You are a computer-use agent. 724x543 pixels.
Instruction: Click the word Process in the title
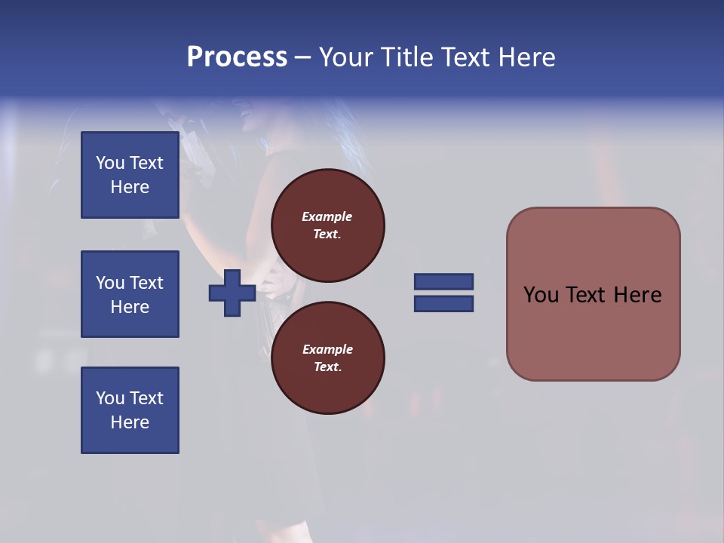click(x=237, y=57)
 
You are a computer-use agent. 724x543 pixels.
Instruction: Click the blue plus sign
click(x=232, y=293)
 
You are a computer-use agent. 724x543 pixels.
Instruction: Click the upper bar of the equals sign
click(x=443, y=281)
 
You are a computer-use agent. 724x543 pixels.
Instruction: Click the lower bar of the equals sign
click(x=443, y=303)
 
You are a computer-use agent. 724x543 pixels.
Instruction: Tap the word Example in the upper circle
click(x=327, y=216)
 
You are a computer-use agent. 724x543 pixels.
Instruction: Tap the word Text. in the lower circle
click(x=327, y=367)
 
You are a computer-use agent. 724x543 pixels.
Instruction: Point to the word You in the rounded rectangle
click(x=541, y=295)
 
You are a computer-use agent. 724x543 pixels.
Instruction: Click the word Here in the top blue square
click(x=130, y=187)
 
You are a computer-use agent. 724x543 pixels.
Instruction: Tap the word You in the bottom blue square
click(x=111, y=398)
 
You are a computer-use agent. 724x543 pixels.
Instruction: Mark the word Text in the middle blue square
click(x=146, y=283)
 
